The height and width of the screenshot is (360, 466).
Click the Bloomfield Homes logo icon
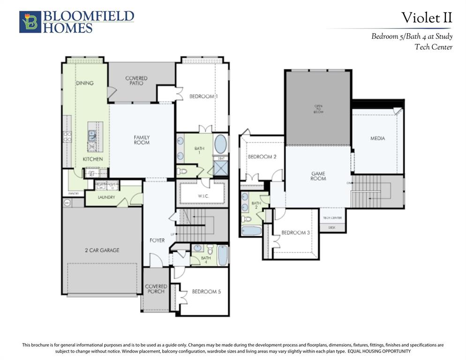pos(30,22)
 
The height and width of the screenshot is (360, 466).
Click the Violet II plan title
pos(427,18)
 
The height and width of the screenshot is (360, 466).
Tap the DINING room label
pos(85,83)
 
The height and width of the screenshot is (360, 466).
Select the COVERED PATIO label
pos(136,81)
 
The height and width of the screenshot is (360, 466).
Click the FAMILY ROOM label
pos(142,140)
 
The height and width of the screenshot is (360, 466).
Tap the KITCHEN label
pos(93,159)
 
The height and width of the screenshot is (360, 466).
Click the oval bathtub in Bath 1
pos(220,144)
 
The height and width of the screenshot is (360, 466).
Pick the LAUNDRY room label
pos(106,197)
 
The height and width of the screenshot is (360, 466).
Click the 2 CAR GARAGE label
pos(102,250)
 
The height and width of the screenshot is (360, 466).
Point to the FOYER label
pos(157,240)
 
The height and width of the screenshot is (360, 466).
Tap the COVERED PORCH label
pos(156,289)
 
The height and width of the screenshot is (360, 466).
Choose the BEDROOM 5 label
pos(206,292)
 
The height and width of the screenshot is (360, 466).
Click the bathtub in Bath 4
pos(223,255)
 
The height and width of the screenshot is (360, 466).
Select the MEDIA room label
pos(377,138)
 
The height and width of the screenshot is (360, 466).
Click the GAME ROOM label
pos(318,176)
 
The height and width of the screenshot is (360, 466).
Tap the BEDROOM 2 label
pos(262,157)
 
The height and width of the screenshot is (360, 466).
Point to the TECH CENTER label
pos(332,218)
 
